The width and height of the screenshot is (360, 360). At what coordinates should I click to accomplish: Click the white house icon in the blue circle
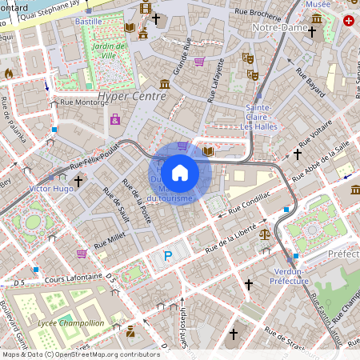(x=180, y=173)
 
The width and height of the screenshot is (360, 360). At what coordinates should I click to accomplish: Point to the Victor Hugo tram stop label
(x=50, y=188)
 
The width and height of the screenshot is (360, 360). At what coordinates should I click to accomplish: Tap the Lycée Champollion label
(x=70, y=323)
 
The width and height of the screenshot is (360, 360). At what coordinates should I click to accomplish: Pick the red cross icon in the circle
(x=348, y=21)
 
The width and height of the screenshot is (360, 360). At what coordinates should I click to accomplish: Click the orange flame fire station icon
(x=10, y=74)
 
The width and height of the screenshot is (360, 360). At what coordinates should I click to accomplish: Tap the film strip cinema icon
(x=145, y=8)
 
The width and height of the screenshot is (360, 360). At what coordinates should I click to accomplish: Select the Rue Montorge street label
(x=80, y=103)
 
